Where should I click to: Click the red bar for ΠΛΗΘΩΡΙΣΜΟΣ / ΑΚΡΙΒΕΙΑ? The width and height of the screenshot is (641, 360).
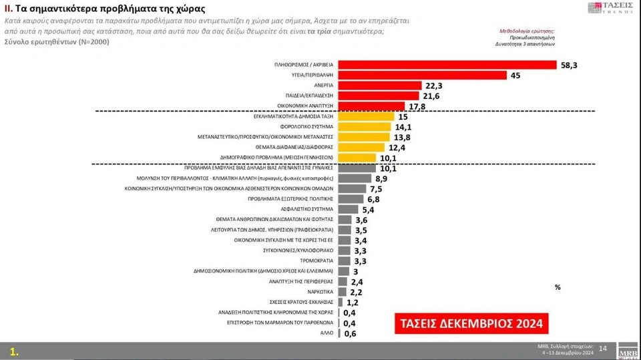point(447,65)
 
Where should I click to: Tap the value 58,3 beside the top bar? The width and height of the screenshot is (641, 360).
point(570,65)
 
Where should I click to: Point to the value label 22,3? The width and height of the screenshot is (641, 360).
point(433,85)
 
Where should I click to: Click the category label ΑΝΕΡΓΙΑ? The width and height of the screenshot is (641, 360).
point(323,85)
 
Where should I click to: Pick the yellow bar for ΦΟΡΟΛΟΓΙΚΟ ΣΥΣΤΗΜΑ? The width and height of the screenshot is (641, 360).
point(365,127)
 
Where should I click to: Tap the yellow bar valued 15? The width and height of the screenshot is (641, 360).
point(367,116)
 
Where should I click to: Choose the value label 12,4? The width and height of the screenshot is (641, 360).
point(396,147)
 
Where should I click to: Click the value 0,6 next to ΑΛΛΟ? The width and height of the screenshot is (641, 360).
point(350,333)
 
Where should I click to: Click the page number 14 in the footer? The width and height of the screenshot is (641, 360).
point(603,349)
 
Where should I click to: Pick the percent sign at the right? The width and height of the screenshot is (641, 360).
point(558,287)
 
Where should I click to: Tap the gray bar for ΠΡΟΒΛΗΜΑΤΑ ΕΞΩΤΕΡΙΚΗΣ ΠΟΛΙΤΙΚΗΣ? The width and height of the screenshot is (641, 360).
point(351,199)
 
